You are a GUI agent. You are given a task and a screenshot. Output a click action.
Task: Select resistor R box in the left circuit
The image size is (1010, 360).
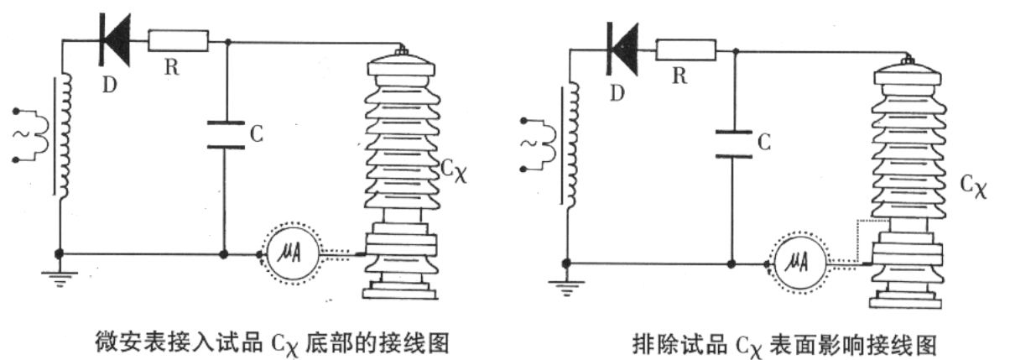point(178,39)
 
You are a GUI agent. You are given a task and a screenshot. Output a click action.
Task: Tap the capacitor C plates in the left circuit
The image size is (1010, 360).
point(225,134)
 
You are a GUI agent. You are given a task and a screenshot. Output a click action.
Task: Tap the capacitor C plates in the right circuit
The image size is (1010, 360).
point(732,143)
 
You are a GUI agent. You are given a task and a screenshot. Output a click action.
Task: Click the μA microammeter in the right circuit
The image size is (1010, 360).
point(798,263)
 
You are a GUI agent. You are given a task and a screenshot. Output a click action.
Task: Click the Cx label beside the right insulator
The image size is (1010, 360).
point(974,186)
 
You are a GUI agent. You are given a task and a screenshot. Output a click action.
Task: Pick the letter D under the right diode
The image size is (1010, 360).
point(619,91)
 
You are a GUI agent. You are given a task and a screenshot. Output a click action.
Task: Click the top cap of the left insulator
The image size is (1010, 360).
point(403,64)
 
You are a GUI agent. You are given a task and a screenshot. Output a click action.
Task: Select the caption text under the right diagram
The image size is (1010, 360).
point(784,343)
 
